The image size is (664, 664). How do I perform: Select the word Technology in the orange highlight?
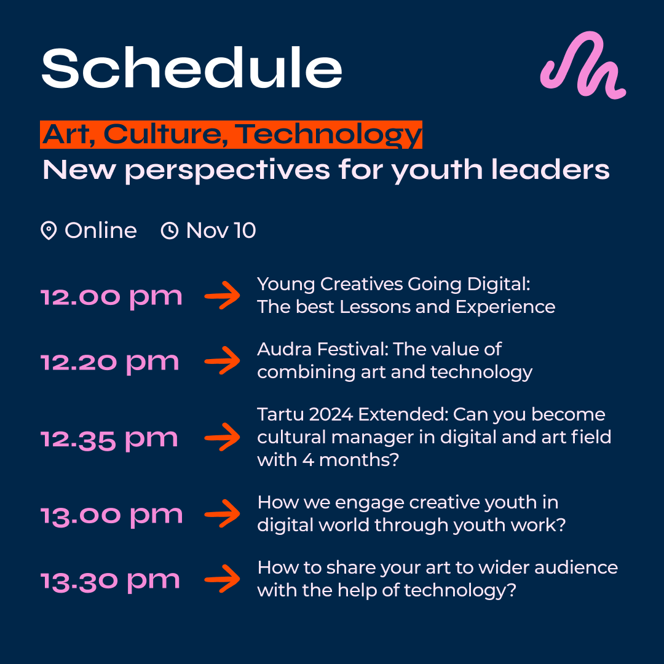[x=328, y=135]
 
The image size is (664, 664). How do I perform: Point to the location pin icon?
[x=49, y=231]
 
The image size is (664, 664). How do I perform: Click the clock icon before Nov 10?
[x=170, y=231]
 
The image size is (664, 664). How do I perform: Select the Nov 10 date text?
[x=221, y=231]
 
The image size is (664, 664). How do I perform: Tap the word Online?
[x=100, y=231]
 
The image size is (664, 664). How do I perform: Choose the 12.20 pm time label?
[x=110, y=363]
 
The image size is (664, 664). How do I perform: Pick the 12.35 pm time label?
[x=109, y=440]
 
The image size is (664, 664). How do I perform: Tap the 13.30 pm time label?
[x=111, y=582]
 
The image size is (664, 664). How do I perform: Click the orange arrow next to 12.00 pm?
[x=223, y=295]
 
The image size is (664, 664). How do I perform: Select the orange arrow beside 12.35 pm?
[x=223, y=437]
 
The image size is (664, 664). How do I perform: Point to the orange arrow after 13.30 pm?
[x=223, y=579]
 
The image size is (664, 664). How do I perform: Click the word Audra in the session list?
[x=285, y=349]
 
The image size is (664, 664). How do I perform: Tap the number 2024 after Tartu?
[x=331, y=414]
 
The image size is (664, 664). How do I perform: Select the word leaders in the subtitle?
[x=550, y=170]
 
